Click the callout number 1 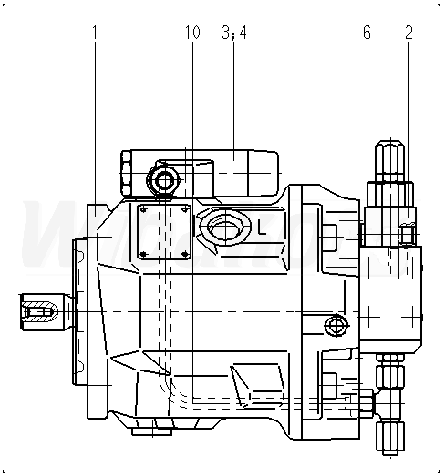[x=95, y=33]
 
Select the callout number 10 [x=192, y=33]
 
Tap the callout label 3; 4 [x=234, y=33]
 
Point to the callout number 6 [x=367, y=33]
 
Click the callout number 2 [x=408, y=33]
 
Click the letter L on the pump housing [x=262, y=228]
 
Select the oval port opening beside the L [x=225, y=226]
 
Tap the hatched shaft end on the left [x=39, y=312]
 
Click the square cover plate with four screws [x=164, y=232]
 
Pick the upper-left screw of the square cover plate [x=144, y=209]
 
